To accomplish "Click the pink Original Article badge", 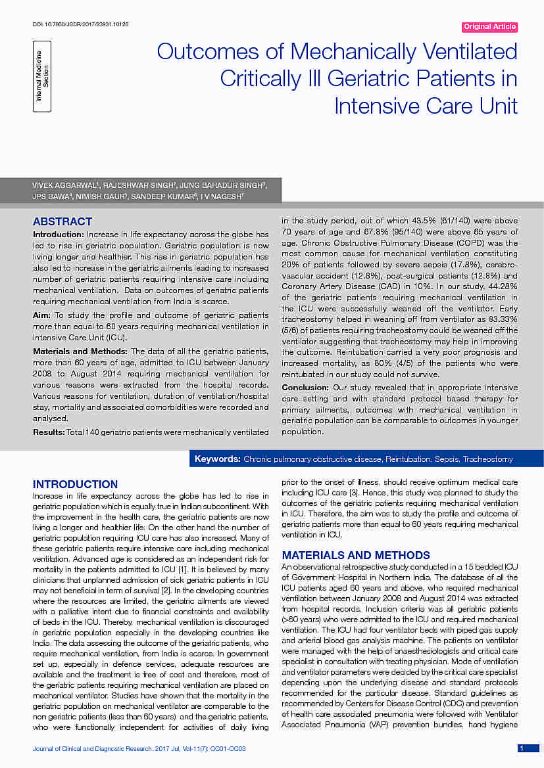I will point(489,27).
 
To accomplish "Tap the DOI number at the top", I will point(80,24).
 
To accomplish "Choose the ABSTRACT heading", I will point(62,221).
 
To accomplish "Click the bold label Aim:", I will point(43,315).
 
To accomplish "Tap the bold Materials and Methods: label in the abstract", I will point(80,351).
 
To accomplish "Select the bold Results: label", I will point(49,432).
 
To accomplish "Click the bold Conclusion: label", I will point(305,388).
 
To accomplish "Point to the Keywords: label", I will point(217,459).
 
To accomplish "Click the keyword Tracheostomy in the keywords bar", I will point(487,459).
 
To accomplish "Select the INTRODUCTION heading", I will point(75,484).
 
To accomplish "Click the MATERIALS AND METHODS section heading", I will point(356,555).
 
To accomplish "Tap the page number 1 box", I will point(521,748).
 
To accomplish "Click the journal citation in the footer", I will point(139,749).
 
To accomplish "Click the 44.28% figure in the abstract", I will point(503,287).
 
